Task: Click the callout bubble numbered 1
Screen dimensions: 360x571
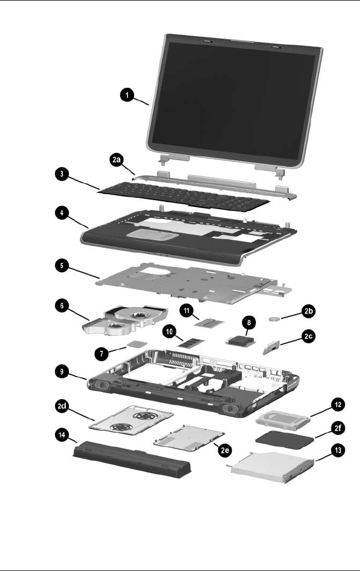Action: coord(127,96)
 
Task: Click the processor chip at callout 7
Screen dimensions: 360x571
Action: coord(133,345)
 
